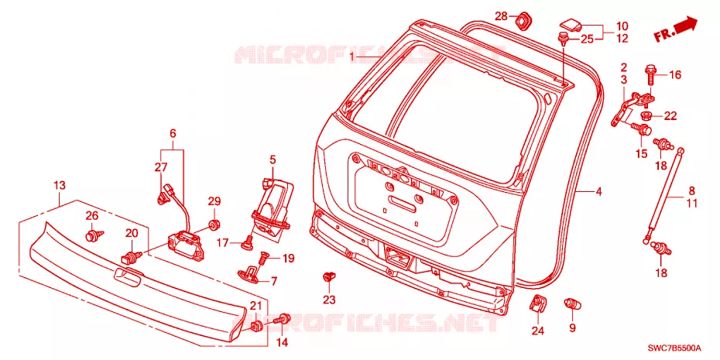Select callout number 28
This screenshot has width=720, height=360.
501,16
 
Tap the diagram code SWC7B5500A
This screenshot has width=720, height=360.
686,347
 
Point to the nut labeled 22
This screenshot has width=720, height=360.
646,115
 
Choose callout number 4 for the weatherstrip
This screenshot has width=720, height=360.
598,191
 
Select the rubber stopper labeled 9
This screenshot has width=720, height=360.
571,303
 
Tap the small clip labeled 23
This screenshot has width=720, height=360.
329,277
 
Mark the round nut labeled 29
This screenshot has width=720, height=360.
214,225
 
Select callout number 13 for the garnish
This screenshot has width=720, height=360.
60,186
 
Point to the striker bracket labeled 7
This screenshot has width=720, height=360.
251,273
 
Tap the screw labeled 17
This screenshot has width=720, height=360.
248,242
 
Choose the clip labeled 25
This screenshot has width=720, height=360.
563,38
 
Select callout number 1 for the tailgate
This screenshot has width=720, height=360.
352,57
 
